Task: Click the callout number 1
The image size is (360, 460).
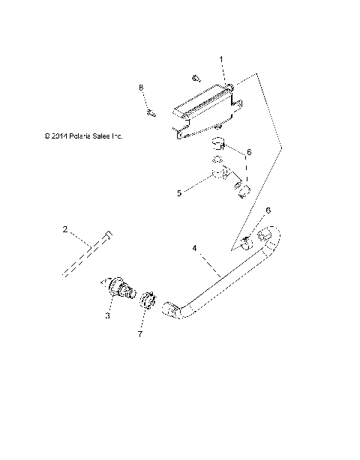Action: [221, 58]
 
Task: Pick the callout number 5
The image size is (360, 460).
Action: [178, 193]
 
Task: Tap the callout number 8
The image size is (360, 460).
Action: [140, 88]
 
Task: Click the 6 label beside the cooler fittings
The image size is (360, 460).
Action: [249, 153]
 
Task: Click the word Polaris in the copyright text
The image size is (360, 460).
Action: [81, 136]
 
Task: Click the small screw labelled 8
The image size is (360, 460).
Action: [151, 113]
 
